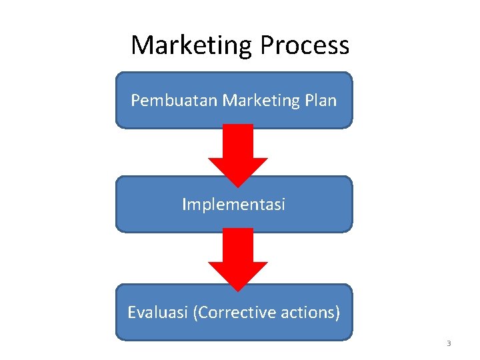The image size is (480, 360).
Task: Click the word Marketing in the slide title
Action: click(x=191, y=45)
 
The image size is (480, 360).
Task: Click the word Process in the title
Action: click(x=305, y=45)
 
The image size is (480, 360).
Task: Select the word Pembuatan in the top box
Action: click(x=175, y=101)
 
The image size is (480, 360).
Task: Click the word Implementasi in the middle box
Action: click(x=233, y=204)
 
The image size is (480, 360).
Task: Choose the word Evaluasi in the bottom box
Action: click(x=157, y=312)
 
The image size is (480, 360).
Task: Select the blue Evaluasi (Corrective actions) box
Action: click(x=233, y=329)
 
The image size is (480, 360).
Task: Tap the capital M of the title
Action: click(x=142, y=45)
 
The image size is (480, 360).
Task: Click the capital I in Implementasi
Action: click(x=184, y=204)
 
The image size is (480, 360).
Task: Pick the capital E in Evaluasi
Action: click(x=131, y=312)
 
